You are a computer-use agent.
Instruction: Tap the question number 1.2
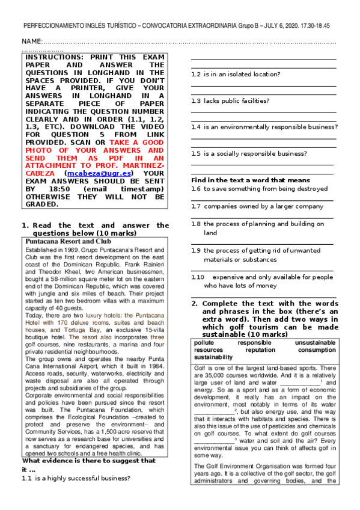coord(195,75)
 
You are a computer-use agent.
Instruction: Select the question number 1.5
coord(195,153)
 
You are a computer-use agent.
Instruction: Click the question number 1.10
coord(198,277)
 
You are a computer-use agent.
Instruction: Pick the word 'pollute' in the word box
coord(206,343)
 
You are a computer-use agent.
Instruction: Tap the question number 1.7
coord(195,206)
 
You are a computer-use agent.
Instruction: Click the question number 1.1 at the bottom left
coord(26,478)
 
